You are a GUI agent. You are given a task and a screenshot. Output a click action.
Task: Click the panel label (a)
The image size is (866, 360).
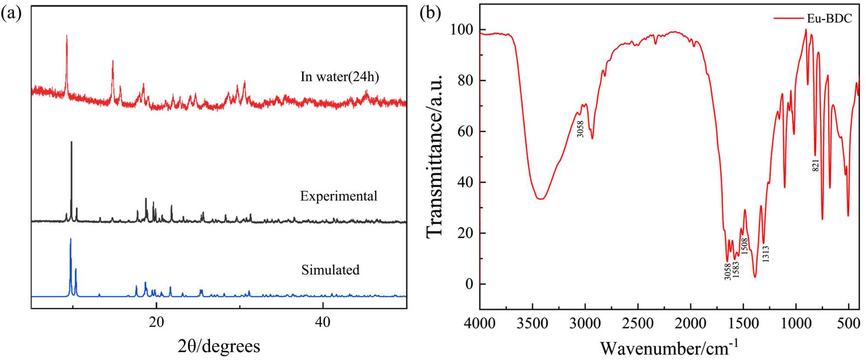point(11,14)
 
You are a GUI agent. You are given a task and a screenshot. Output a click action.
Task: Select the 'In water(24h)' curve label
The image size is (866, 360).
point(339,77)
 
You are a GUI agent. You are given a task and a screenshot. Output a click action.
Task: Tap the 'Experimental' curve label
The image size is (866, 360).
point(339,196)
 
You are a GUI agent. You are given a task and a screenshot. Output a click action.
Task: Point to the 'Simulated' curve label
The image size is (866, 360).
point(330,270)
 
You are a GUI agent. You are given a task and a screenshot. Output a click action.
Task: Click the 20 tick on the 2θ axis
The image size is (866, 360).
point(156,322)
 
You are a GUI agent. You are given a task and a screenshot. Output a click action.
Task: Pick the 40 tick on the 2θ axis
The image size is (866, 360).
point(323,322)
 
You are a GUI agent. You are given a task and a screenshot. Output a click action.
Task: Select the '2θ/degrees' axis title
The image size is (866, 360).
point(219,346)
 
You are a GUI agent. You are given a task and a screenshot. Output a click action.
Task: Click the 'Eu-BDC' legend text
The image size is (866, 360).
point(829,19)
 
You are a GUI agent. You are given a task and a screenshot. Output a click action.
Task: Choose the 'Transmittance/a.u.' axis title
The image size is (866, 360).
point(435,156)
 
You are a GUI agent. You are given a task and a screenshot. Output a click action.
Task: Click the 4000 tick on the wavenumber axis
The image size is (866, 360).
point(480,323)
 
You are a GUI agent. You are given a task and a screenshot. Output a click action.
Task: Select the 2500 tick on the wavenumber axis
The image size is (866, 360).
point(638,323)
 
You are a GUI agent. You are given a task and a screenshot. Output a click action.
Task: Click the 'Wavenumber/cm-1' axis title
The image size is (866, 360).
point(669,348)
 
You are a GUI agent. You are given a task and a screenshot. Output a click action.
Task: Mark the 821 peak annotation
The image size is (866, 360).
point(815,165)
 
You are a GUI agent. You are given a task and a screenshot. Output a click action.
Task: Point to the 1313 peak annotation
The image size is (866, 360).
point(766,254)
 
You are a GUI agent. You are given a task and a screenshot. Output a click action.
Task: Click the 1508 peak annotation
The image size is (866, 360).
point(744,246)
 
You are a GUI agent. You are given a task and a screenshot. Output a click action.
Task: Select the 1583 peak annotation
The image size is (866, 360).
point(736,269)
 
